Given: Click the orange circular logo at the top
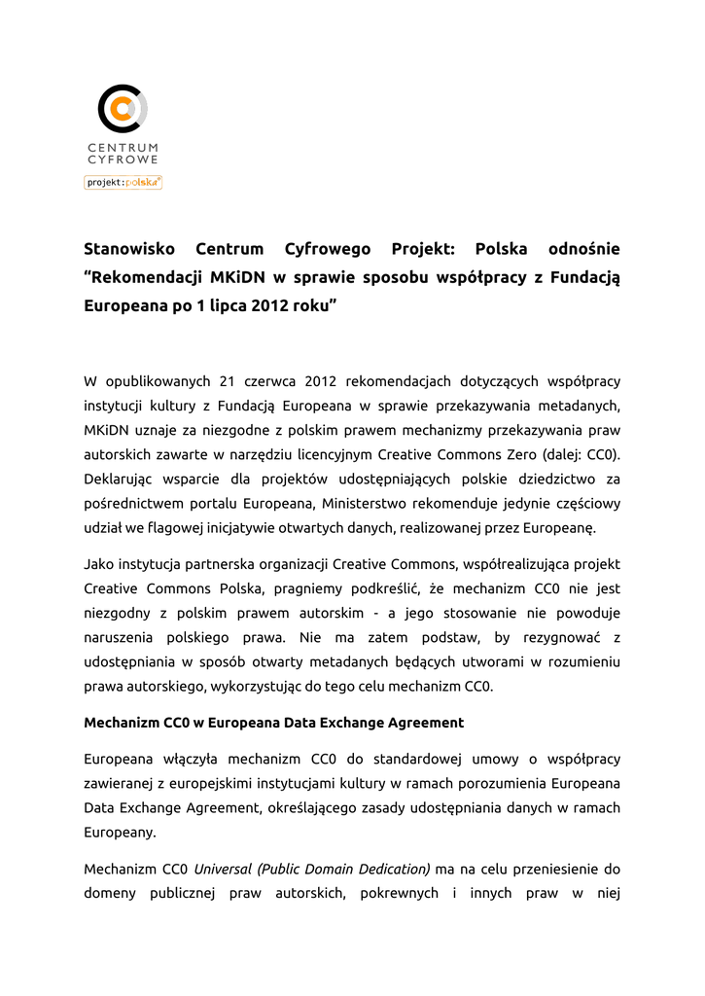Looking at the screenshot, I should click(123, 108).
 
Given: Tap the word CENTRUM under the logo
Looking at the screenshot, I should click(123, 147).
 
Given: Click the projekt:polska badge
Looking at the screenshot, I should click(123, 182).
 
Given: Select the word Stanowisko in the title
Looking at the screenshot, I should click(129, 249).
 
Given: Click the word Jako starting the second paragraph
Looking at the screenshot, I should click(98, 563).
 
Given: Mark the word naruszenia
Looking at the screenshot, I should click(119, 637).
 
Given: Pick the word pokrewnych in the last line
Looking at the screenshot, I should click(399, 892).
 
